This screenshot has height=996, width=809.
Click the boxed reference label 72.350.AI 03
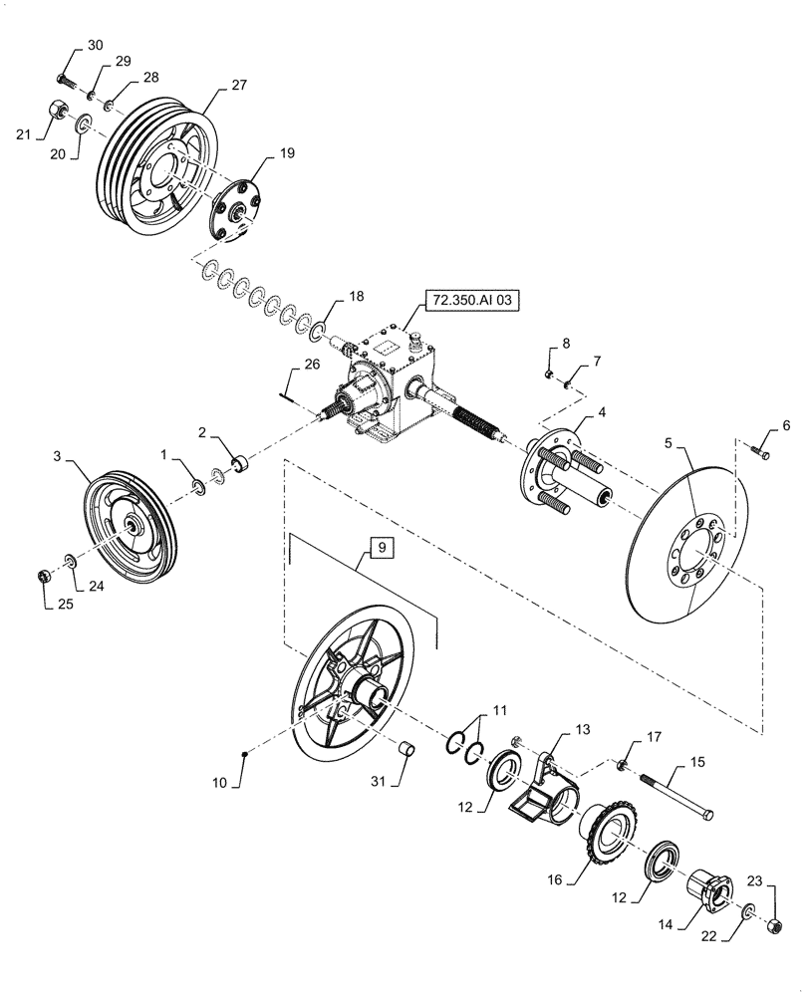[473, 298]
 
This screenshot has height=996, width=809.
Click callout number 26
[312, 366]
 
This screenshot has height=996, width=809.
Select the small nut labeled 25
[44, 577]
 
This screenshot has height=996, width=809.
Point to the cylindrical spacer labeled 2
[238, 464]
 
